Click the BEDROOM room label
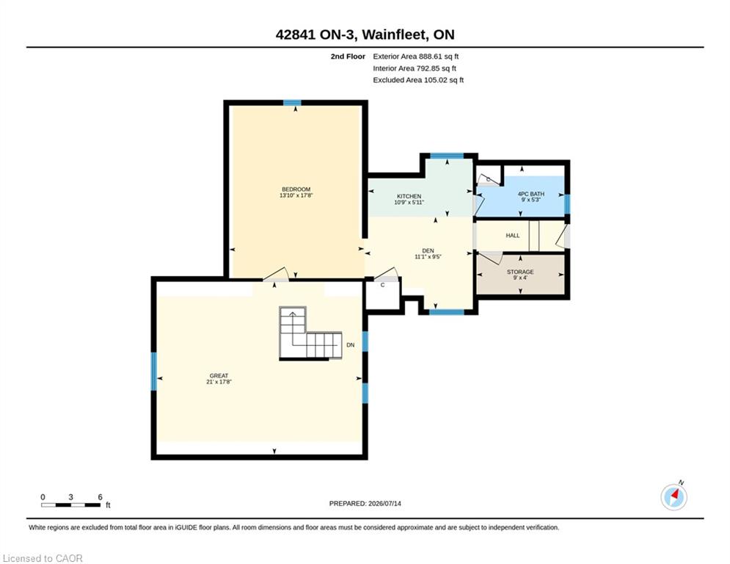296,189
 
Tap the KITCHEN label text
409,196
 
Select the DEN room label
428,250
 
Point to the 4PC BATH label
530,194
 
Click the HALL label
513,236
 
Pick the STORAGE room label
520,272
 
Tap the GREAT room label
219,376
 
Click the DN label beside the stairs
351,345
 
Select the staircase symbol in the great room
310,333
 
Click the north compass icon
674,497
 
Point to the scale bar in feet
70,505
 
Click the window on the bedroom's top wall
293,103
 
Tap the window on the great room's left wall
153,372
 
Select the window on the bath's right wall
567,203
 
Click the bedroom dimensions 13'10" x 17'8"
296,195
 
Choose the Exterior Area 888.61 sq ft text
416,57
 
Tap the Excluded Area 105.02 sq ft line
418,80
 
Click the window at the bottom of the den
447,312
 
